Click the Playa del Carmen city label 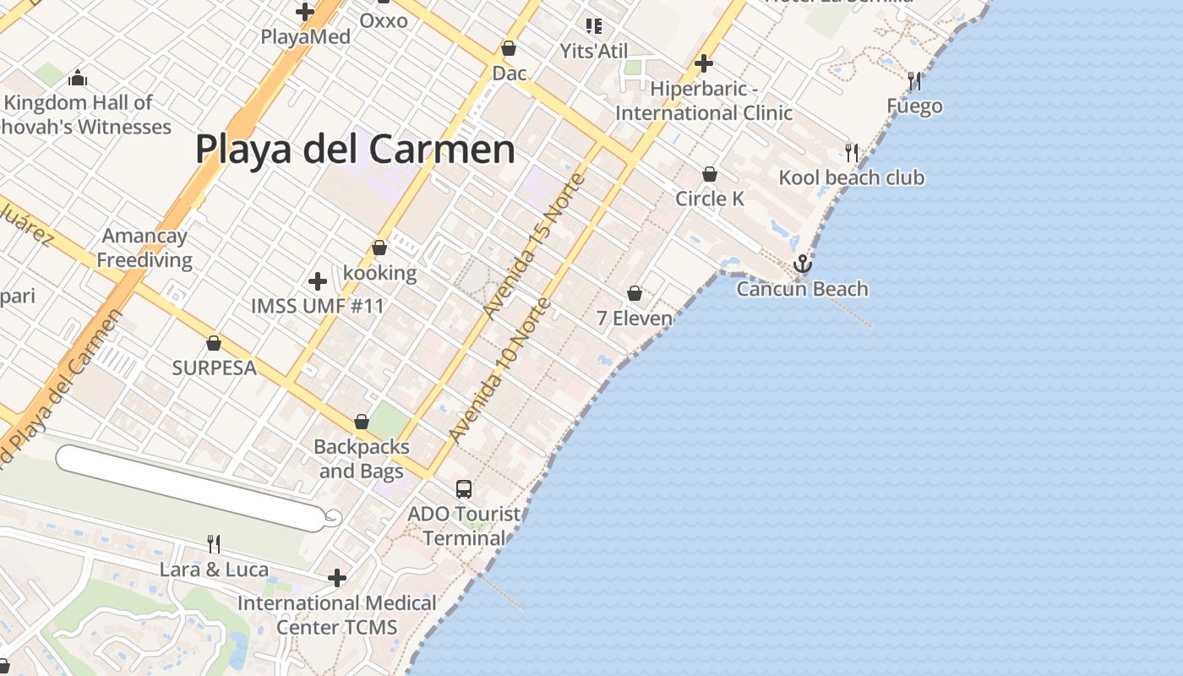(355, 150)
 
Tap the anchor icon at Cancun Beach (802, 264)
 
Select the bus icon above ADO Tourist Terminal (464, 488)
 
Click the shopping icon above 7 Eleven (635, 293)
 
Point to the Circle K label (710, 199)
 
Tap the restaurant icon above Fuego (914, 81)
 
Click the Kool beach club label (851, 177)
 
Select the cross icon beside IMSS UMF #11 (318, 281)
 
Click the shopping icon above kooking (379, 248)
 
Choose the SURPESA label (214, 368)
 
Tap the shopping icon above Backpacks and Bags (362, 422)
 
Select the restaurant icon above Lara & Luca (214, 543)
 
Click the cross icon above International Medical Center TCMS (337, 578)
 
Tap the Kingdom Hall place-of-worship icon (78, 79)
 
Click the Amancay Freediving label (144, 248)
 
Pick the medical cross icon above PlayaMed (305, 12)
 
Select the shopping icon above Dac (509, 48)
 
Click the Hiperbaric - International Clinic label (703, 101)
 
